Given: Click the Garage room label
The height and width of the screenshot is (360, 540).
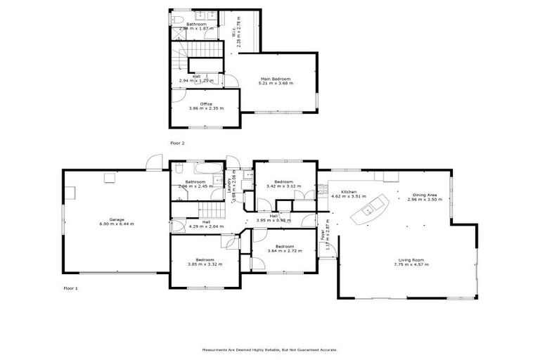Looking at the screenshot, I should (x=117, y=219).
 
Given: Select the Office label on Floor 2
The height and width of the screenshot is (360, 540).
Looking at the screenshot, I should (x=206, y=104).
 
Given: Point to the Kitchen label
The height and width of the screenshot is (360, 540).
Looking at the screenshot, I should (x=349, y=192).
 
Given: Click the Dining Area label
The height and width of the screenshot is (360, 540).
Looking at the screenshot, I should (x=425, y=195).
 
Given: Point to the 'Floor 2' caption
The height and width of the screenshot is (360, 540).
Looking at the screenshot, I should (x=177, y=143).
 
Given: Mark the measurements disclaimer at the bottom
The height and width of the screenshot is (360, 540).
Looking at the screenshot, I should (x=270, y=349).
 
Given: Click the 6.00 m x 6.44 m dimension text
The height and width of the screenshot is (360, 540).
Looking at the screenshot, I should (x=117, y=224).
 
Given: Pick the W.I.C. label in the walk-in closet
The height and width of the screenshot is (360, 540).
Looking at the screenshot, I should (x=234, y=32).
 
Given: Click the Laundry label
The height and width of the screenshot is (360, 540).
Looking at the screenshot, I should (x=230, y=184).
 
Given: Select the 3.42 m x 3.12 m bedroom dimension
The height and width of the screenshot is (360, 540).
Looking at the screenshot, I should (x=284, y=186).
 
